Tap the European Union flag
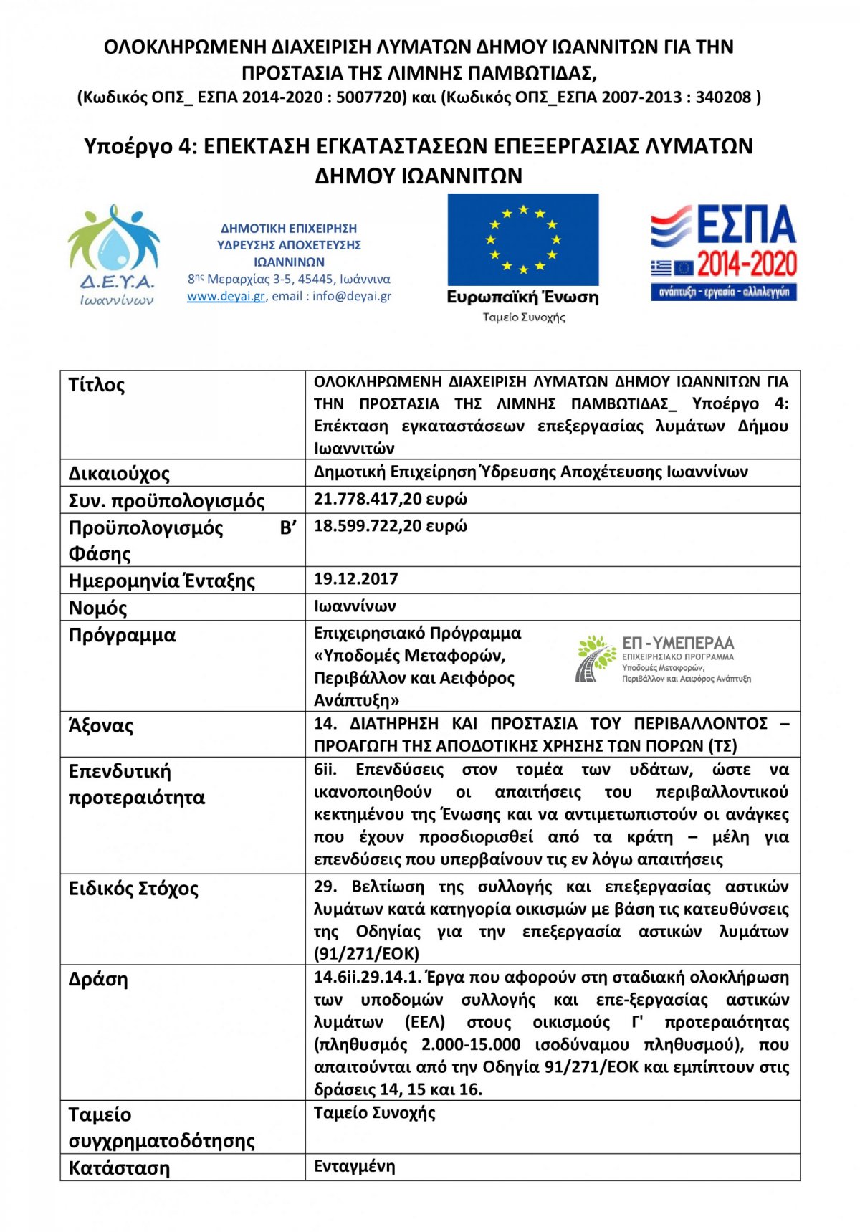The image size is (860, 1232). pos(522,239)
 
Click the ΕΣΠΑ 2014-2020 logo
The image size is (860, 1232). pos(724,252)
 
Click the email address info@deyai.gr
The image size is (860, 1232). pos(351,296)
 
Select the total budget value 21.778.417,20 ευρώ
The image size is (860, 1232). pos(390,499)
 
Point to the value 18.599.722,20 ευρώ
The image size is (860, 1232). pos(390,526)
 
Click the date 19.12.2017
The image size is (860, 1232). pos(355,579)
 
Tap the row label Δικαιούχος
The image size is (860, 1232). pos(119,474)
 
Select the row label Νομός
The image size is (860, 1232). pos(97,608)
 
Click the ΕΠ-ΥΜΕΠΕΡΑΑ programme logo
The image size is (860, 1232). pos(663,658)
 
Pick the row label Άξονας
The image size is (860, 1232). pos(100,726)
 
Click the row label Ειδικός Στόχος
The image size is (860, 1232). pos(133,889)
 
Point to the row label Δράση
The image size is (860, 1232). pos(98,980)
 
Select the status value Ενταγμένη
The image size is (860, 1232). pos(354,1166)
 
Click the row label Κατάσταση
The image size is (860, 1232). pos(119,1168)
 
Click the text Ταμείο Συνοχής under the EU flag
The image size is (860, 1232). pos(523,317)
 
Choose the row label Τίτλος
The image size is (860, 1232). pos(97,386)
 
